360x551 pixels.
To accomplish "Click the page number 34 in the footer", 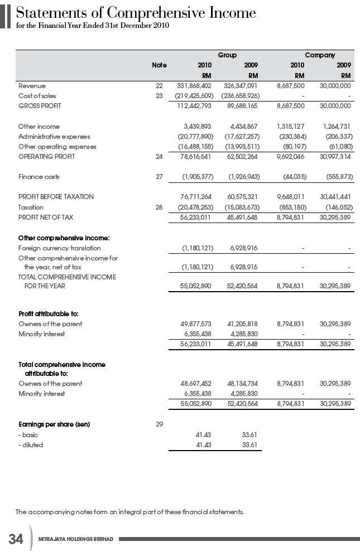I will point(16,539).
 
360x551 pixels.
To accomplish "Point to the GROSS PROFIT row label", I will point(40,106).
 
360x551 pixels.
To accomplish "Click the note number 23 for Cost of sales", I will point(159,96).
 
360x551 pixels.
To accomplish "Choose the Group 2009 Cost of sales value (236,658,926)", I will point(239,96).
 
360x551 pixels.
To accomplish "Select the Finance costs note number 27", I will point(159,177).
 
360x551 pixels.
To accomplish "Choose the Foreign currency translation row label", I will point(60,248).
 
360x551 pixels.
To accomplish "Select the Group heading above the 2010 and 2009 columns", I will point(227,55).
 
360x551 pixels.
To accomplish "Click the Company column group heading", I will point(320,55).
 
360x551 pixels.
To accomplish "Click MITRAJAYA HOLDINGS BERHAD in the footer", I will point(76,539).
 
